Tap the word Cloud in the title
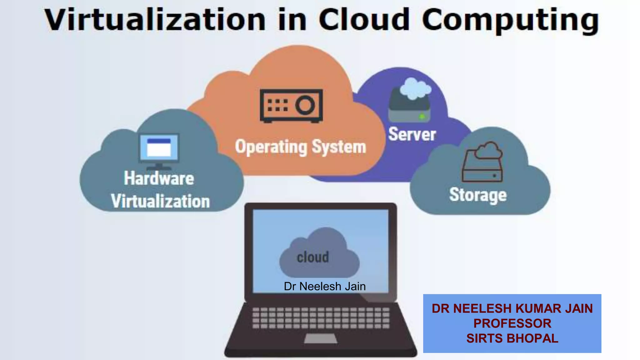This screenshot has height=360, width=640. click(364, 20)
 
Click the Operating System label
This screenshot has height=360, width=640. click(300, 147)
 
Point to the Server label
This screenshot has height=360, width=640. click(412, 134)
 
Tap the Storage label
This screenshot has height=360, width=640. click(478, 195)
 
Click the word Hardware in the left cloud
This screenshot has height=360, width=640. click(159, 178)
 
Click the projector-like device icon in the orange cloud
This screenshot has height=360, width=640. click(291, 106)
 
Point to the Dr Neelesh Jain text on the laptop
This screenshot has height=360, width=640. click(325, 286)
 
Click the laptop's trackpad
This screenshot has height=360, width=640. click(320, 338)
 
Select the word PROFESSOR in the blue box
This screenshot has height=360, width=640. click(512, 323)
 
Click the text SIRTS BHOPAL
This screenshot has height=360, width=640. click(512, 338)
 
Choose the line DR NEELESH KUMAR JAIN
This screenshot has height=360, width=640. click(512, 308)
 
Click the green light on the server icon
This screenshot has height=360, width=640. click(422, 117)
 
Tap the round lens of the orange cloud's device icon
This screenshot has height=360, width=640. click(305, 105)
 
